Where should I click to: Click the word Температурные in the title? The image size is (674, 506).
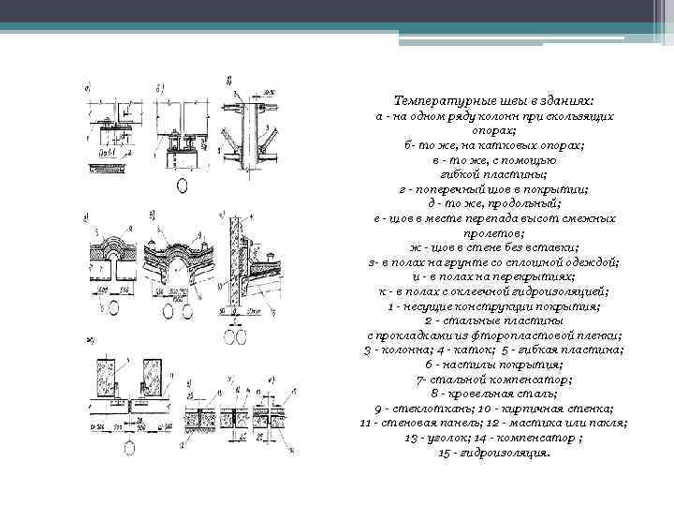[436, 99]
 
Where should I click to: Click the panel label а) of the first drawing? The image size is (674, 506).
[87, 90]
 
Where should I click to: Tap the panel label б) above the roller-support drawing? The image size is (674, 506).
[162, 89]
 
